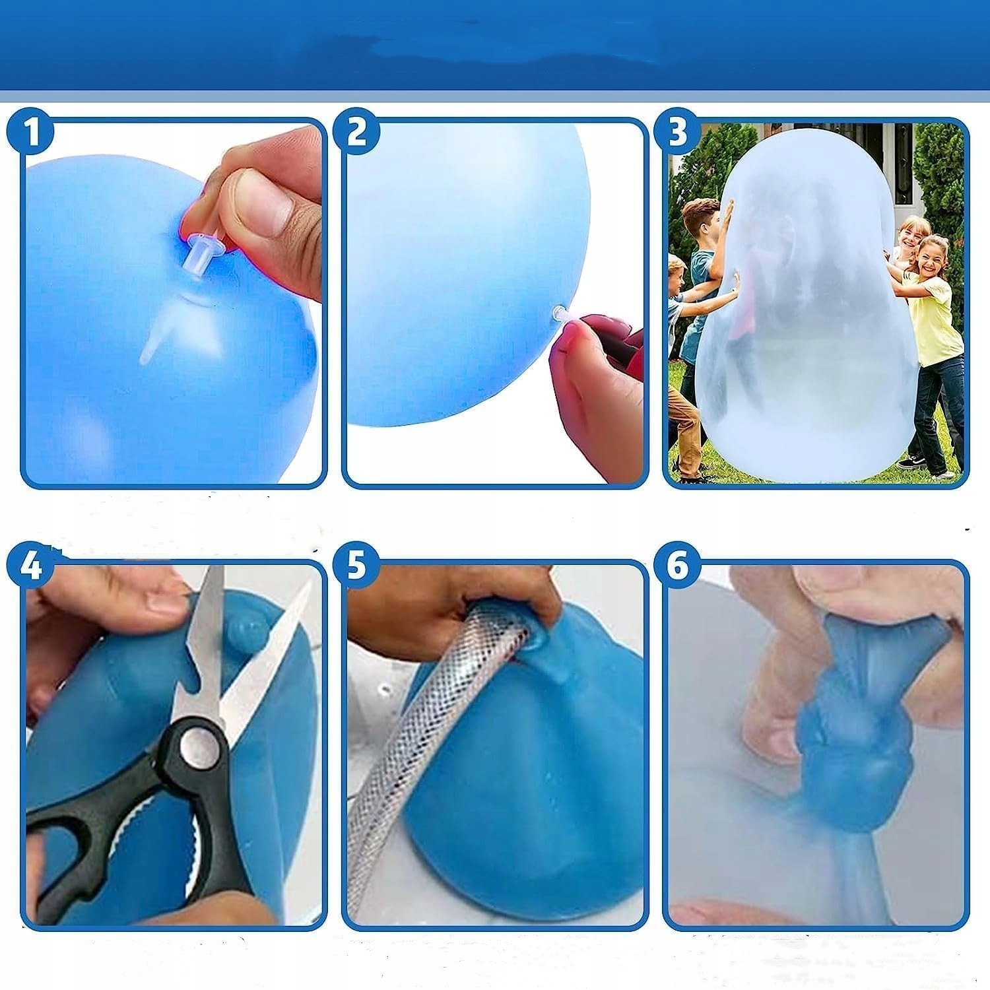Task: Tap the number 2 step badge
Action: pos(357,132)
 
